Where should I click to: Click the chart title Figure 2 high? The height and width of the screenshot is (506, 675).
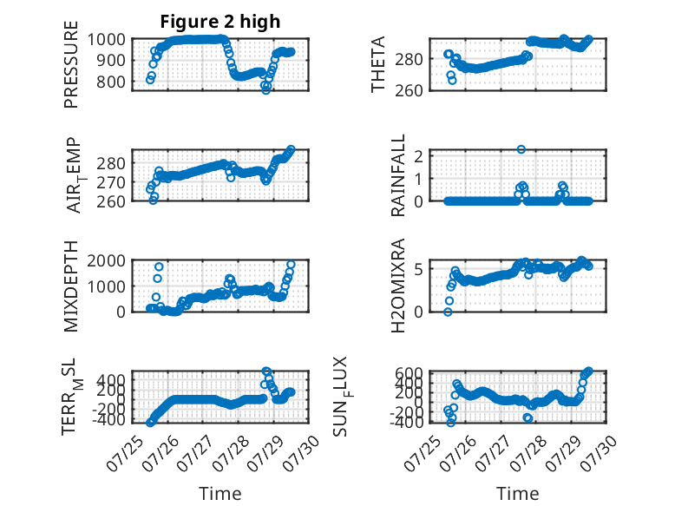coord(220,22)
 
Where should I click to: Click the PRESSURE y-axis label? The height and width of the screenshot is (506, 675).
coord(71,64)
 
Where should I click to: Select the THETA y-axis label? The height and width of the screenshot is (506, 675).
coord(377,64)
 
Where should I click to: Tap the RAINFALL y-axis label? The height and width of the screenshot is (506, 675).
coord(397,174)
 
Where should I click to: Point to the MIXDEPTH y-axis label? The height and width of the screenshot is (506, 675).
coord(71,286)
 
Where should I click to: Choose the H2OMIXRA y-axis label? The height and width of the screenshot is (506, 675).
coord(397,286)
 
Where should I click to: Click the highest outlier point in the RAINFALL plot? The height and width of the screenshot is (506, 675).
coord(521,149)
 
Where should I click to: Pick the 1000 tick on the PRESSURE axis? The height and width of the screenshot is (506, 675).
coord(107,40)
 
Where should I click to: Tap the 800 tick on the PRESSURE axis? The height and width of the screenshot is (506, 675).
coord(111,82)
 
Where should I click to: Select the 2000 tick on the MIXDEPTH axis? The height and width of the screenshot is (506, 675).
coord(107,260)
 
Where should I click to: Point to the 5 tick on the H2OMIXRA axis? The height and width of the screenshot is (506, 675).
coord(418,269)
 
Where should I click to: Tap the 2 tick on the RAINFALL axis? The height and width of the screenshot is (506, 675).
coord(418,155)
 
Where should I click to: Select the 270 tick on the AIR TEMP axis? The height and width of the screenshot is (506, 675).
coord(111,182)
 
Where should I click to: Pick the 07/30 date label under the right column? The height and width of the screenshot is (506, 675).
coord(600,453)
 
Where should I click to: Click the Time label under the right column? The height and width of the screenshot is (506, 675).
coord(518,494)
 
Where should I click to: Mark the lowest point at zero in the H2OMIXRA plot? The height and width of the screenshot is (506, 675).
coord(449,312)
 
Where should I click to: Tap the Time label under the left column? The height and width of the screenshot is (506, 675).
coord(220,494)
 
